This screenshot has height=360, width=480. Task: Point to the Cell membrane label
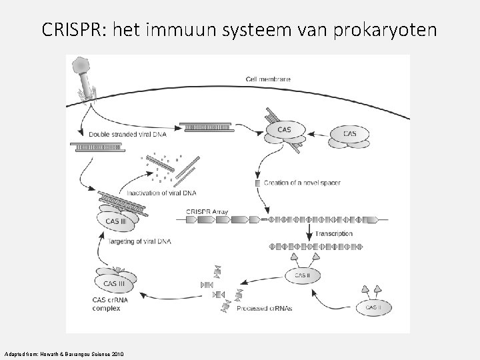click(x=268, y=80)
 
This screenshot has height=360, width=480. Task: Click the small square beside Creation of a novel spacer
click(x=259, y=183)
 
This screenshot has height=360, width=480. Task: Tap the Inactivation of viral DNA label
click(x=157, y=193)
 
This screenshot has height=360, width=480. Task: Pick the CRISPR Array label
click(x=207, y=212)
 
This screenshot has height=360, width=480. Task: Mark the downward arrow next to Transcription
click(x=309, y=233)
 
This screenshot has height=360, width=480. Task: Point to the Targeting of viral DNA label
click(x=139, y=241)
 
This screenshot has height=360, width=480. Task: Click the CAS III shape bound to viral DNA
click(x=117, y=221)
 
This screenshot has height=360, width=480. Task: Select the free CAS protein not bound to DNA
click(x=350, y=134)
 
